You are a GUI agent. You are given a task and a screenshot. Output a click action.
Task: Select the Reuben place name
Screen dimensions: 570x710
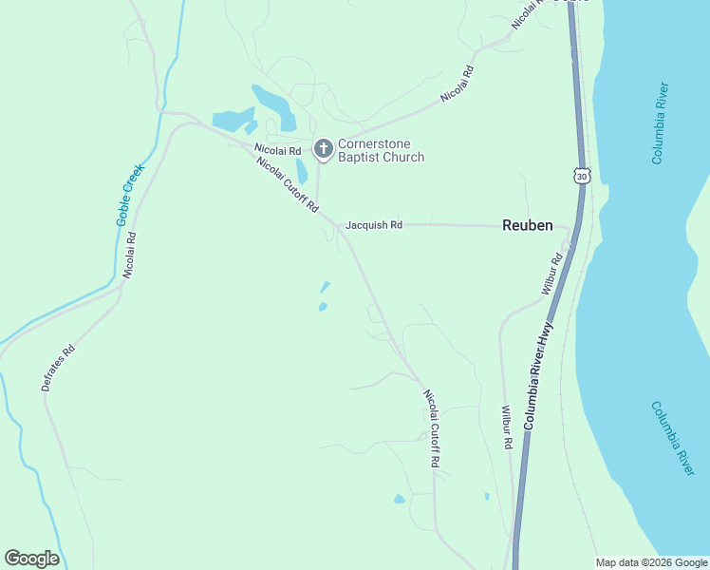(x=527, y=225)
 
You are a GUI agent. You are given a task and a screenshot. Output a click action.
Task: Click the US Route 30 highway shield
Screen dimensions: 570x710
(x=582, y=176)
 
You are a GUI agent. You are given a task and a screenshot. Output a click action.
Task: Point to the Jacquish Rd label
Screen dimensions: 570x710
(x=374, y=225)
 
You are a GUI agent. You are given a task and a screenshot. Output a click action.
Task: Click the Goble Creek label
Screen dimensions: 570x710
(x=130, y=195)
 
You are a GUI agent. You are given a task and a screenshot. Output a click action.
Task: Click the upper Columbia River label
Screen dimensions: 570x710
(x=662, y=123)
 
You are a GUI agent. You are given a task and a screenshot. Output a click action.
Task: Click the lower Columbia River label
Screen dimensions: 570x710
(x=673, y=438)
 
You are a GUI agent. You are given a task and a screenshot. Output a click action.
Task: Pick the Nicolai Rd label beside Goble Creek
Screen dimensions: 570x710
(x=130, y=256)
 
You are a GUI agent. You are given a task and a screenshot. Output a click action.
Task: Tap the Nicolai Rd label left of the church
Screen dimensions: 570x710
(x=277, y=150)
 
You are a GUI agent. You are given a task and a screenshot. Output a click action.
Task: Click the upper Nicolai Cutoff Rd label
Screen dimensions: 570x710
(x=287, y=184)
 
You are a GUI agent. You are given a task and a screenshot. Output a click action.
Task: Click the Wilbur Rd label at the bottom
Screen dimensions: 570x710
(x=507, y=428)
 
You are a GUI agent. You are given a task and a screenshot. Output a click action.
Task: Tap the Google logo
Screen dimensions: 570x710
(x=31, y=559)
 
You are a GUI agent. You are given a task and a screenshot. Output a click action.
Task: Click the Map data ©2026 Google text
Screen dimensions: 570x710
(x=650, y=562)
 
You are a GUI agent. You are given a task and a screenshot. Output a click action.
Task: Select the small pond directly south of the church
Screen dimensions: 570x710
(x=302, y=172)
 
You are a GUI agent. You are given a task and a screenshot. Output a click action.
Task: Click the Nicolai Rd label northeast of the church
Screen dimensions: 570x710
(x=458, y=85)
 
